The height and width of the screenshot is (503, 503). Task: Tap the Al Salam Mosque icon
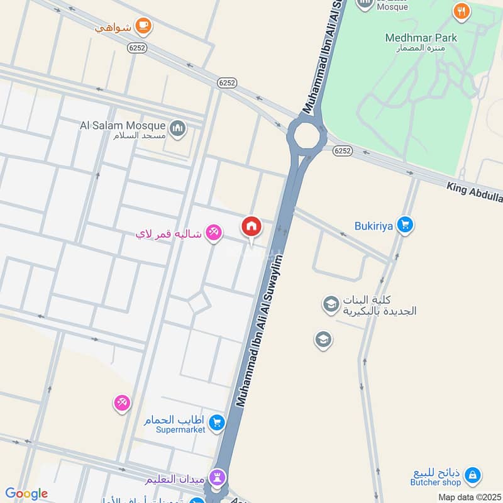point(179,128)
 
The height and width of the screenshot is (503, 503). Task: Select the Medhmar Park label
point(421,38)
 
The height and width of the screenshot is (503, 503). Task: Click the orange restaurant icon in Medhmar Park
point(462,11)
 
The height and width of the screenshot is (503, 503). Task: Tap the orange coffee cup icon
point(144,25)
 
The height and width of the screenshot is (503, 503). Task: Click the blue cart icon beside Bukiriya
point(406,224)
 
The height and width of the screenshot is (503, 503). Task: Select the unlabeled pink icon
point(122,402)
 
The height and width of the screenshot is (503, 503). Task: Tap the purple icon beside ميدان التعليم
point(218,476)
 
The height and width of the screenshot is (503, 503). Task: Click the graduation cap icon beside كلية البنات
point(331,305)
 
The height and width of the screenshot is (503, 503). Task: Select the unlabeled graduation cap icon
point(323,340)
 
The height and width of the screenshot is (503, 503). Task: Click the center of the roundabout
point(307,135)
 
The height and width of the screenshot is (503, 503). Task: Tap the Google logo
point(26,494)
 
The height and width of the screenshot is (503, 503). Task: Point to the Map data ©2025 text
point(469,497)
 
